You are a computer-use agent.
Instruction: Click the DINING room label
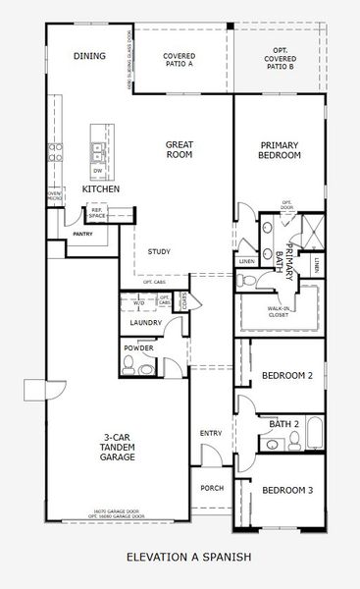[x=89, y=56]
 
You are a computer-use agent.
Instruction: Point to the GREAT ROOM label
[x=179, y=150]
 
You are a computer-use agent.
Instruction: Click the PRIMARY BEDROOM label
[x=279, y=149]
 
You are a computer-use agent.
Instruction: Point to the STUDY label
[x=159, y=252]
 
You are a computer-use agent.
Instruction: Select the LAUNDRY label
[x=145, y=323]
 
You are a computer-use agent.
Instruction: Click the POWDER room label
[x=137, y=348]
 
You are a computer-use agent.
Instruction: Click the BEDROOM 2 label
[x=287, y=376]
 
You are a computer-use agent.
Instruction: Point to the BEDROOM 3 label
[x=287, y=491]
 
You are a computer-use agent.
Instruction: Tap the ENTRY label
[x=210, y=433]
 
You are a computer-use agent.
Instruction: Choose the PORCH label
[x=211, y=488]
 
